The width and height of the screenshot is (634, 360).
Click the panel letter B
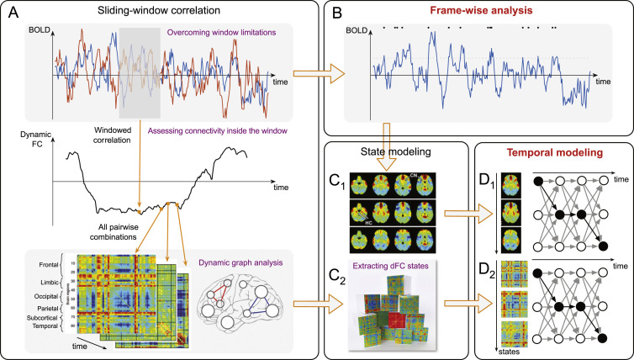335,13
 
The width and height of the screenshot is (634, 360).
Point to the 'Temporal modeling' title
552,154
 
